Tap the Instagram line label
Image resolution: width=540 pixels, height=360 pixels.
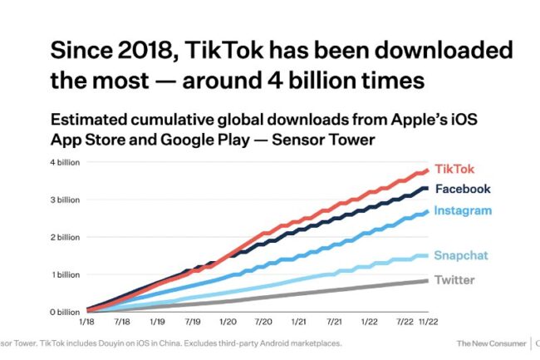462,211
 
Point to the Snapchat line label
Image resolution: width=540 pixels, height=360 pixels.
460,254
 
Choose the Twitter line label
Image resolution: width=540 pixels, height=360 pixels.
454,279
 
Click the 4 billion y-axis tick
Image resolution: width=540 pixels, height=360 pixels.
65,162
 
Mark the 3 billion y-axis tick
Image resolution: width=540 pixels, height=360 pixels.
65,200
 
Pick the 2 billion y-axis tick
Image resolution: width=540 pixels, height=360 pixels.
65,237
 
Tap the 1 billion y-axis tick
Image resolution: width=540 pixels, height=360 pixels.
65,274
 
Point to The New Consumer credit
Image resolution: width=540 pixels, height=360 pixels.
490,343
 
